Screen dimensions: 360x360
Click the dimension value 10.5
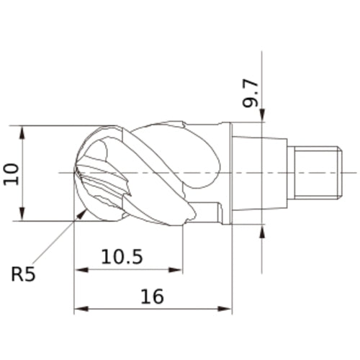pyautogui.click(x=123, y=257)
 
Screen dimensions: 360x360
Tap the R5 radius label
pyautogui.click(x=23, y=274)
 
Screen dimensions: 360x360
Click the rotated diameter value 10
pyautogui.click(x=11, y=173)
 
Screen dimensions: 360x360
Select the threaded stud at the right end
pyautogui.click(x=314, y=172)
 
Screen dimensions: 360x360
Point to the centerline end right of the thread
pyautogui.click(x=355, y=172)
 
